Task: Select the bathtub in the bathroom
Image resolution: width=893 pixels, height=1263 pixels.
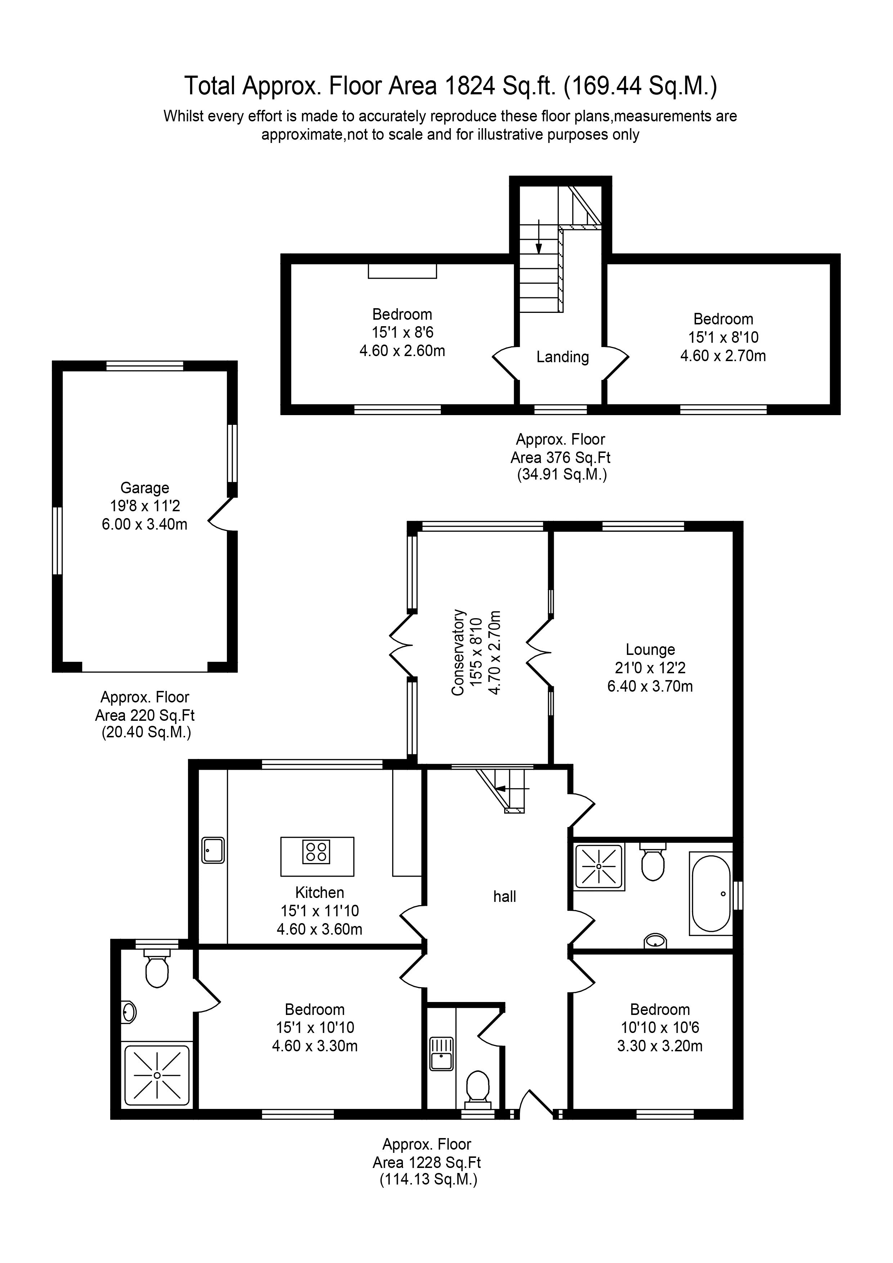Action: click(x=711, y=894)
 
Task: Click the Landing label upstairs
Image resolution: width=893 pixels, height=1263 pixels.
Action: click(x=562, y=357)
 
